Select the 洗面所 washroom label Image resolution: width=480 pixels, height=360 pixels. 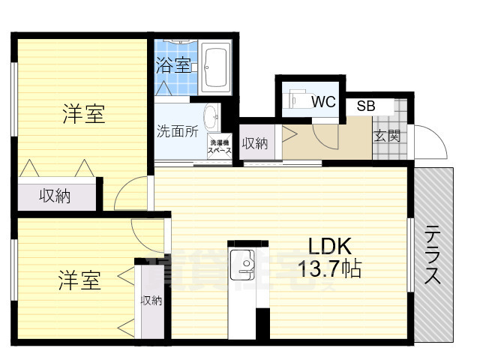(177, 131)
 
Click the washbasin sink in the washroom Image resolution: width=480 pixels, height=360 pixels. (211, 116)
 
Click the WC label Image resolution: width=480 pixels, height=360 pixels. (324, 102)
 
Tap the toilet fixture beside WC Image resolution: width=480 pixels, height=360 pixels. (297, 99)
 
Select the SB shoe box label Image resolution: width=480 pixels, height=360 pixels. (366, 106)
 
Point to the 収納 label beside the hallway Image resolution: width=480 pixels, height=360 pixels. (255, 143)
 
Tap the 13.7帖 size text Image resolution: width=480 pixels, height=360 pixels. (331, 268)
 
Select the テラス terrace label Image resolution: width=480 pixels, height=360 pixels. (433, 254)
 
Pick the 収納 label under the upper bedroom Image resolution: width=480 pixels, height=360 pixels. (55, 196)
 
